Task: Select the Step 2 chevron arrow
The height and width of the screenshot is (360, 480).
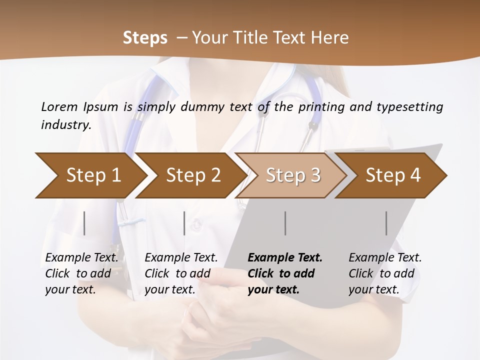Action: coord(192,175)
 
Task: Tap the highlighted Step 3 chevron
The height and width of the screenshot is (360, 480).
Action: coord(292,175)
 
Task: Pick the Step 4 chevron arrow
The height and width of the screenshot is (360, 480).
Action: coord(392,175)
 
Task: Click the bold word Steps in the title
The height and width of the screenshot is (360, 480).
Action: coord(145,38)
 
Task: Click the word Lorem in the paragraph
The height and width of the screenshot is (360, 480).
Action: coord(59,107)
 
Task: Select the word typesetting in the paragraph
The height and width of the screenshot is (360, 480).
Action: coord(409,107)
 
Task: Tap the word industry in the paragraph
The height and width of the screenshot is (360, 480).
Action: coord(66,125)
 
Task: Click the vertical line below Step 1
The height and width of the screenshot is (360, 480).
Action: coord(84,223)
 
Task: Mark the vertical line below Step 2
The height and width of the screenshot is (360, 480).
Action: coord(184,223)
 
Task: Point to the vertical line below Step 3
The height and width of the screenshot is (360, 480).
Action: coord(285,223)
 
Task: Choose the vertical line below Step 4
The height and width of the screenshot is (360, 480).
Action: coord(386,223)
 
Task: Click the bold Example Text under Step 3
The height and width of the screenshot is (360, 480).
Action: coord(285,258)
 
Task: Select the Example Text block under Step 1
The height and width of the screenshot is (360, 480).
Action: coord(81,273)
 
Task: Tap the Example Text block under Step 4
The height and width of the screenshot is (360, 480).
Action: coord(385,273)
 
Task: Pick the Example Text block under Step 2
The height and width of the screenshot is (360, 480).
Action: coord(181,273)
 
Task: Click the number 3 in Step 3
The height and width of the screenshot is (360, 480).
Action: coord(315,175)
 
